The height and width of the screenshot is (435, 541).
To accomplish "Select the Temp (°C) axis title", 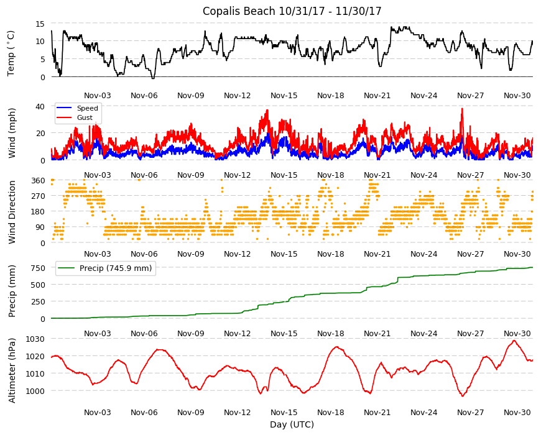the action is [11, 53].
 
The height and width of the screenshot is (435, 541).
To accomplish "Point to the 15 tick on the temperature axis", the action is [40, 24].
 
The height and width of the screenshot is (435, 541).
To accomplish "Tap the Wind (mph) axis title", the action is [12, 133].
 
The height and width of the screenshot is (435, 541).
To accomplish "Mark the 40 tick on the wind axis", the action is [40, 106].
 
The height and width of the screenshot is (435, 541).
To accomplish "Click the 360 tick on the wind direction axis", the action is [39, 181].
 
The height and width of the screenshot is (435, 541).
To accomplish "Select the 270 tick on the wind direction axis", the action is [39, 196].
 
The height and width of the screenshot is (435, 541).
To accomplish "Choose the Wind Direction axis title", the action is [12, 212].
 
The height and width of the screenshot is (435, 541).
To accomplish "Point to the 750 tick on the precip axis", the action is [39, 268].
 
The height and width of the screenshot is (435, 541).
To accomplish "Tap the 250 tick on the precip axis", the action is [39, 301].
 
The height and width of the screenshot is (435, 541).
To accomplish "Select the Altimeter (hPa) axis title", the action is [12, 370].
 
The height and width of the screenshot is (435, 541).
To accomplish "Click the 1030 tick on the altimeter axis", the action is [35, 339].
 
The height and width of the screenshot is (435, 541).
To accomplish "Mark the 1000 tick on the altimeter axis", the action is [35, 391].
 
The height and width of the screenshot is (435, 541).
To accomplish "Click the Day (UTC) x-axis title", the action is [292, 424].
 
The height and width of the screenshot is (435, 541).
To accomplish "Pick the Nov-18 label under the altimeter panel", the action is [331, 412].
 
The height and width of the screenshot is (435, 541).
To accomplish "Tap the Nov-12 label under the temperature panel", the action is [238, 96].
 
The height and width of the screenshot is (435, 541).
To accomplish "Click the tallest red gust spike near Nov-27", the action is [462, 109].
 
